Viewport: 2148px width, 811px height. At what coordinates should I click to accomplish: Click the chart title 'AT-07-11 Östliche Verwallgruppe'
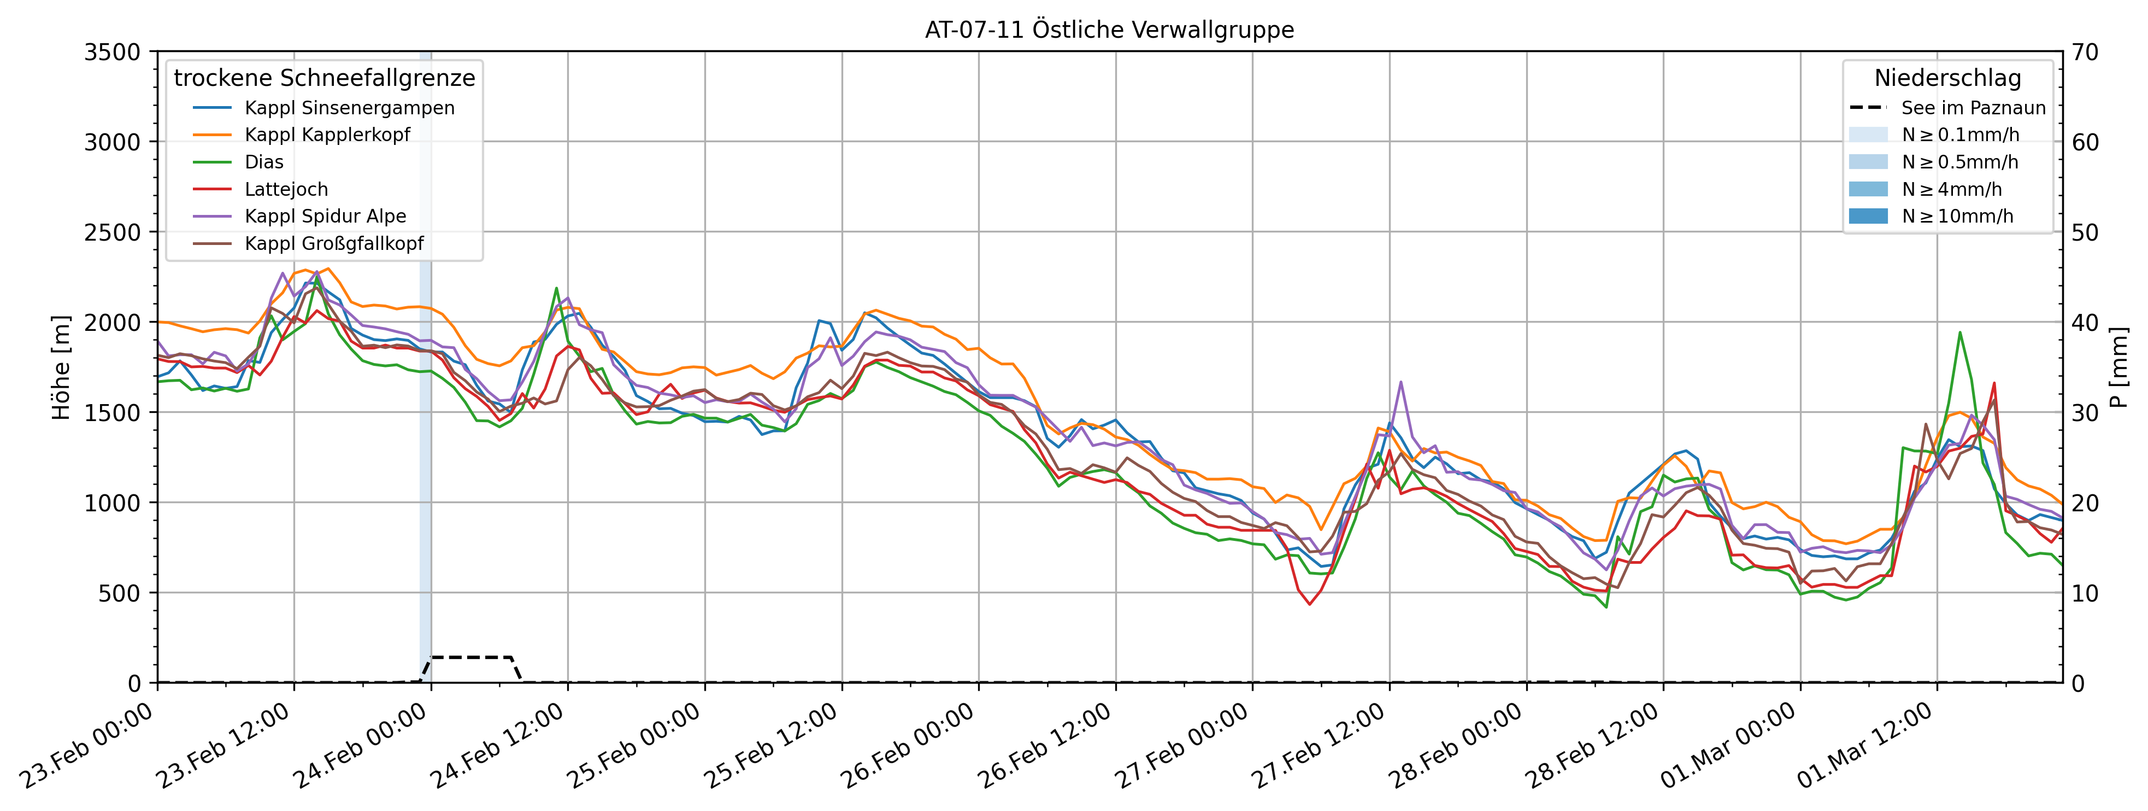tap(1109, 30)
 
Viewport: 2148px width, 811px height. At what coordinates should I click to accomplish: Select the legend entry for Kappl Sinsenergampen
tap(349, 108)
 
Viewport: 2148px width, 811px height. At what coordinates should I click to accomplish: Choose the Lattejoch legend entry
tap(286, 189)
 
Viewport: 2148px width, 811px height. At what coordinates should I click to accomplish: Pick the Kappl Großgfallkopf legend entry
tap(333, 244)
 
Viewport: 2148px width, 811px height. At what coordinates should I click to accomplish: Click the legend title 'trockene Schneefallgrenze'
tap(325, 78)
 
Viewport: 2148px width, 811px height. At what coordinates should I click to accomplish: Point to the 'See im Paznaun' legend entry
tap(1973, 108)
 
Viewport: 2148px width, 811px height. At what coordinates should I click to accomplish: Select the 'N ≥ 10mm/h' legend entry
tap(1957, 216)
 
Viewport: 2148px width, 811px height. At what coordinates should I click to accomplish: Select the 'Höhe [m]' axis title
tap(61, 367)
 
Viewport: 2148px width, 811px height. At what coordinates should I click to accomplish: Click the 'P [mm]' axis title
tap(2118, 367)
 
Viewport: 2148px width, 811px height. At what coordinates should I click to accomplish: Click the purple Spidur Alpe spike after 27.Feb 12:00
tap(1401, 382)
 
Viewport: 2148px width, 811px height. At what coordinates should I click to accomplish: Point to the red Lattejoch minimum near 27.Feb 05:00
tap(1310, 603)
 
